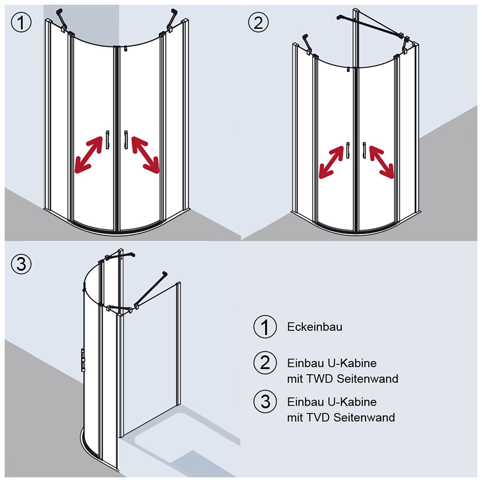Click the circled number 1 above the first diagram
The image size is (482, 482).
[x=21, y=22]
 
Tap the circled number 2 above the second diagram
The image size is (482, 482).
[x=258, y=22]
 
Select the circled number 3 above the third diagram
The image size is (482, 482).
[x=21, y=264]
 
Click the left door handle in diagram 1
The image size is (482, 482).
[x=107, y=140]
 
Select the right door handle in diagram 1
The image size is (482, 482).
[x=126, y=140]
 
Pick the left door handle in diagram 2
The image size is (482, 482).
[x=348, y=150]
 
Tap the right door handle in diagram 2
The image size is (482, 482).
[x=364, y=150]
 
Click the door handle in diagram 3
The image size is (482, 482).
[x=83, y=360]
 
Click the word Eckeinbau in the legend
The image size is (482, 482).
[x=315, y=327]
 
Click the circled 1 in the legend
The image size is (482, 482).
[x=265, y=327]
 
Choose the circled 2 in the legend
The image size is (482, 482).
[x=265, y=363]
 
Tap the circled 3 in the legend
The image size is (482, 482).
[x=265, y=402]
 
